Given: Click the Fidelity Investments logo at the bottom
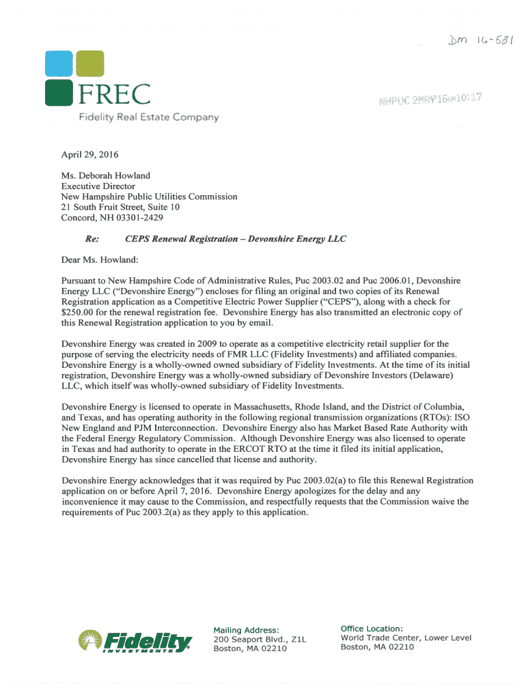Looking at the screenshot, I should [x=135, y=640].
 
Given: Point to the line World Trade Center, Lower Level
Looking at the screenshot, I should [x=406, y=638].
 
